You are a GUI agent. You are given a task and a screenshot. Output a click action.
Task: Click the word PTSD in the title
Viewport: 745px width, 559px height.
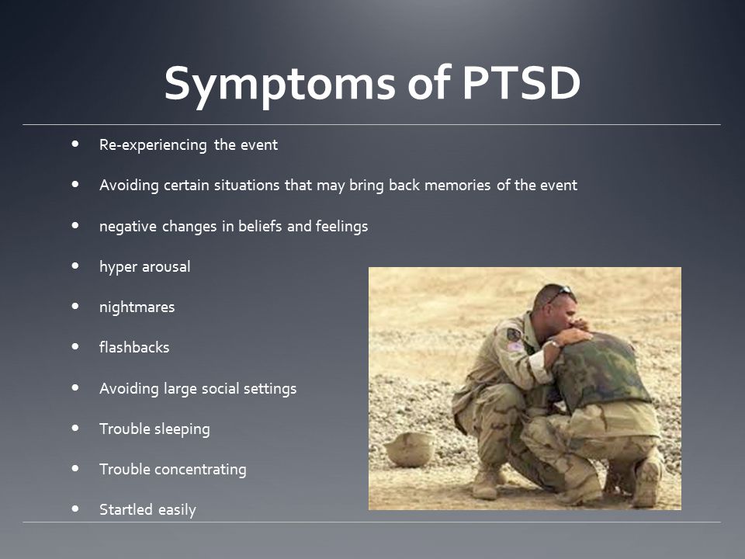521,83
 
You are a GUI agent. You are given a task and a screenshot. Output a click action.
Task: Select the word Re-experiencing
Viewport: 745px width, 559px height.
153,144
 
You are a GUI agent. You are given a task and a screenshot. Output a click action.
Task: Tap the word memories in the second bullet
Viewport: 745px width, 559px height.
457,185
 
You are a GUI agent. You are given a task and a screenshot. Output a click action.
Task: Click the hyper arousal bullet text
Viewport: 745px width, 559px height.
145,266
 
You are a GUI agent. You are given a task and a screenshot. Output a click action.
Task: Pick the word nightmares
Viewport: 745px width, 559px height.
137,307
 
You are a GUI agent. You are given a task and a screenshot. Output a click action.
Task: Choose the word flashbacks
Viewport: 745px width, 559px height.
134,347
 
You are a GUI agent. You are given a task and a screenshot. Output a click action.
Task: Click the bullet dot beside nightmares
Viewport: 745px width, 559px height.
75,306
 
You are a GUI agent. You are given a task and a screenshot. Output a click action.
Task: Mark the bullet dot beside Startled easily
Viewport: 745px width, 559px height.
75,509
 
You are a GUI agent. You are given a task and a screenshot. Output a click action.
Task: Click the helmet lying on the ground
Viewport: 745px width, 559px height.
410,450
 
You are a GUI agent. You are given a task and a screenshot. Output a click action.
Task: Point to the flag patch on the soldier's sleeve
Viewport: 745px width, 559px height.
515,346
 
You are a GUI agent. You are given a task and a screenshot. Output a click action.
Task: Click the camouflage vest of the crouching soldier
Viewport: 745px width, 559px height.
600,370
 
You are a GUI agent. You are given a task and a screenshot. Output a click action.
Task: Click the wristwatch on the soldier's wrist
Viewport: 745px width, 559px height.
554,343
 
